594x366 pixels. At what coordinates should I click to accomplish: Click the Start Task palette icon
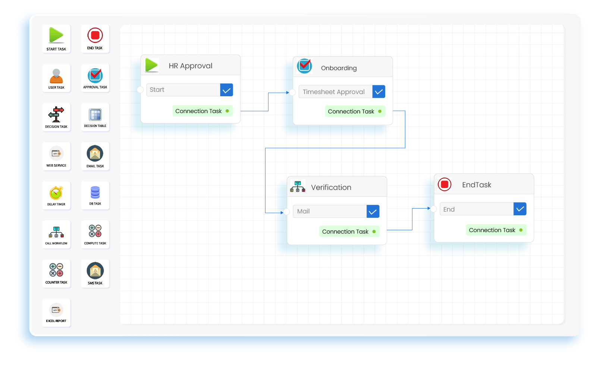coord(56,35)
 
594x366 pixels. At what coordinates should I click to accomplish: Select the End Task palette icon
coord(95,35)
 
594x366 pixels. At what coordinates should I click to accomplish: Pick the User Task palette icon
coord(56,76)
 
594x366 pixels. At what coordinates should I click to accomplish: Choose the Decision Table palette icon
coord(95,115)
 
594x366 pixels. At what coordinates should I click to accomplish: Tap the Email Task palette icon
coord(95,153)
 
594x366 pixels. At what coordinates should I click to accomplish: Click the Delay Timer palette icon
coord(56,193)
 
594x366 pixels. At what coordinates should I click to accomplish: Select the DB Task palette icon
coord(95,193)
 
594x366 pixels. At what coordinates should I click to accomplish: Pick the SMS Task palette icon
coord(95,271)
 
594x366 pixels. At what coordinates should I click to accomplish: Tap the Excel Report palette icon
coord(56,310)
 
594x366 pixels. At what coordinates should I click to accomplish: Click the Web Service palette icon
coord(56,153)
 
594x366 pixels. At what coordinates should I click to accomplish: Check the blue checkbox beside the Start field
coord(226,90)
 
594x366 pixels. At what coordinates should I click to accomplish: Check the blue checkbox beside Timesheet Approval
coord(378,92)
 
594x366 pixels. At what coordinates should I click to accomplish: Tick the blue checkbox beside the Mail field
coord(373,212)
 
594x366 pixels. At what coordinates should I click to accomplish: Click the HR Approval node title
coord(191,66)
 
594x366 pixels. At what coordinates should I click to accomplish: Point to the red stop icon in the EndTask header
coord(444,184)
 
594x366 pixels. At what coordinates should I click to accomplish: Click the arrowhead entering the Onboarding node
coord(287,93)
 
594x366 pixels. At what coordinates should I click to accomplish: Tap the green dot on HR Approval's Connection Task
coord(227,111)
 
